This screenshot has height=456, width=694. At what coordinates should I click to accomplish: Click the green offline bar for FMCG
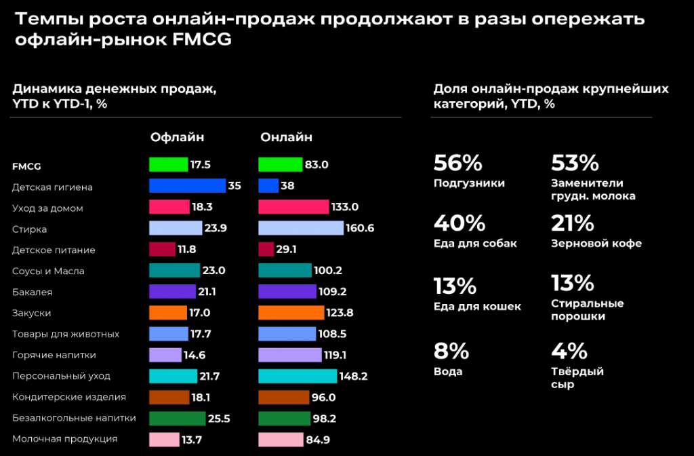click(x=168, y=164)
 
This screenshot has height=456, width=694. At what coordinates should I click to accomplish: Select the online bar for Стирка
click(x=301, y=228)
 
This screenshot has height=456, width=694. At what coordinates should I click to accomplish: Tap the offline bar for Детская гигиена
click(x=187, y=185)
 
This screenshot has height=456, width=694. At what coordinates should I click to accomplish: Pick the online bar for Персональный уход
click(x=298, y=376)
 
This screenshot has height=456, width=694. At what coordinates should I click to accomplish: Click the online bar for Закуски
click(x=291, y=313)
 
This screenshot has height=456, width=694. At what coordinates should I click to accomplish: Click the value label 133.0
click(x=344, y=207)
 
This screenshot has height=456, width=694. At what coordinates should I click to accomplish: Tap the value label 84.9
click(x=318, y=439)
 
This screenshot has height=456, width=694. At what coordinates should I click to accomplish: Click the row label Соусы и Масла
click(x=48, y=271)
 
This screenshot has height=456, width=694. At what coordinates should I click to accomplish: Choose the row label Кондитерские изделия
click(x=69, y=397)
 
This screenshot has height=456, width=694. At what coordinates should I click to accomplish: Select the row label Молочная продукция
click(x=64, y=439)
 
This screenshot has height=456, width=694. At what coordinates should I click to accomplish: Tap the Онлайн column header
click(x=286, y=137)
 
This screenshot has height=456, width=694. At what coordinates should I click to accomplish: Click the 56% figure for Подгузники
click(x=457, y=163)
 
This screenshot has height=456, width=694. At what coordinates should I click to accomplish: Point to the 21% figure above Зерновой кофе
click(x=573, y=223)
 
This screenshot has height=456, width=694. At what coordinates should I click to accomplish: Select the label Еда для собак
click(x=475, y=244)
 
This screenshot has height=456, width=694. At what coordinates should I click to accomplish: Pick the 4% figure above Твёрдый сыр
click(x=569, y=351)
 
